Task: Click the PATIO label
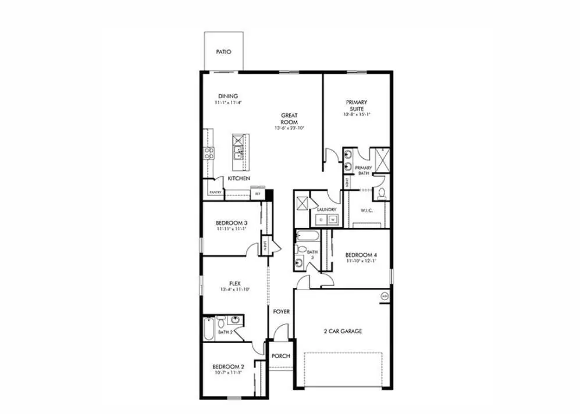click(x=223, y=52)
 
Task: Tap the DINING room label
click(x=228, y=97)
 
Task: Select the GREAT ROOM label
click(x=289, y=119)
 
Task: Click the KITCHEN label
click(x=239, y=178)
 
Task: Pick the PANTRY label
click(x=215, y=192)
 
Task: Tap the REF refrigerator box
click(x=258, y=193)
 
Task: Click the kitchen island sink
click(x=239, y=152)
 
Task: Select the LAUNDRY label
click(x=327, y=209)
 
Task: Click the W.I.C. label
click(x=366, y=210)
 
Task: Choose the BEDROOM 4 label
click(x=361, y=255)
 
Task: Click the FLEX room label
click(x=235, y=284)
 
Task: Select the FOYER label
click(x=281, y=312)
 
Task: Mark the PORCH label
click(x=280, y=356)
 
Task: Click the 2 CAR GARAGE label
click(x=343, y=331)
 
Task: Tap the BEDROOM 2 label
click(x=228, y=366)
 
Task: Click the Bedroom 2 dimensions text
click(x=228, y=373)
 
